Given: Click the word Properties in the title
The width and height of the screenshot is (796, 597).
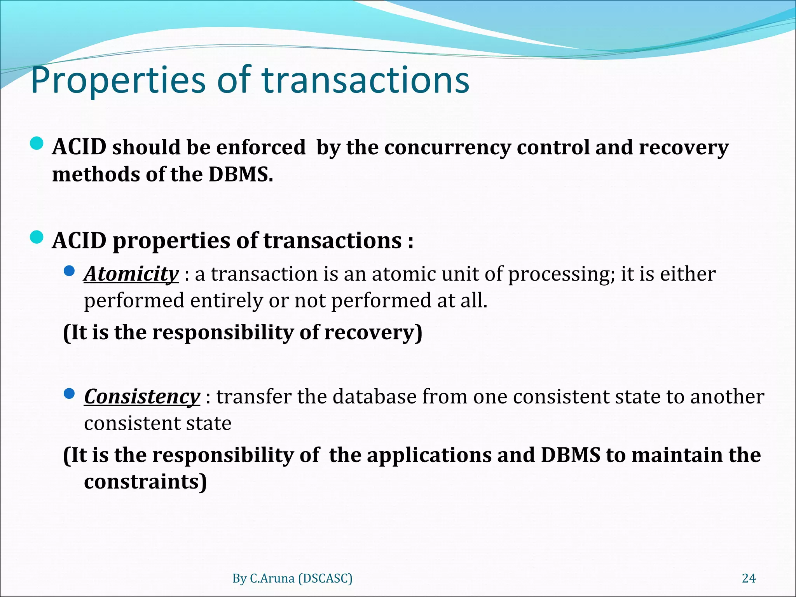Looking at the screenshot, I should click(117, 80).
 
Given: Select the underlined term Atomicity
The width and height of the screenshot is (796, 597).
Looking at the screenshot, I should click(131, 274).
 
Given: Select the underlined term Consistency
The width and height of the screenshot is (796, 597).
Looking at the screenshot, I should click(142, 396).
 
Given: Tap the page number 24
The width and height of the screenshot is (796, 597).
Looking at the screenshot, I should click(749, 578).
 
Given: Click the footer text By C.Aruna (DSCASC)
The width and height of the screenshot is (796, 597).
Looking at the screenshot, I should click(292, 578).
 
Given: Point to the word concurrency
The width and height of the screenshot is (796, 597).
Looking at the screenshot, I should click(447, 148).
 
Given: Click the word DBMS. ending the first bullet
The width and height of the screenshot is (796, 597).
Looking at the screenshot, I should click(241, 175).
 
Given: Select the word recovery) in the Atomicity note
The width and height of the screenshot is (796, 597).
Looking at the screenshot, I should click(373, 333).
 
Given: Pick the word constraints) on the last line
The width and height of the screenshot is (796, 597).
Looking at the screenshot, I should click(145, 482).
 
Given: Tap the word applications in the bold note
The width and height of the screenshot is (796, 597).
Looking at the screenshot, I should click(429, 456).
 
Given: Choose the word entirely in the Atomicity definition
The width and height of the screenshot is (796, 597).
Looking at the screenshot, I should click(226, 301).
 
